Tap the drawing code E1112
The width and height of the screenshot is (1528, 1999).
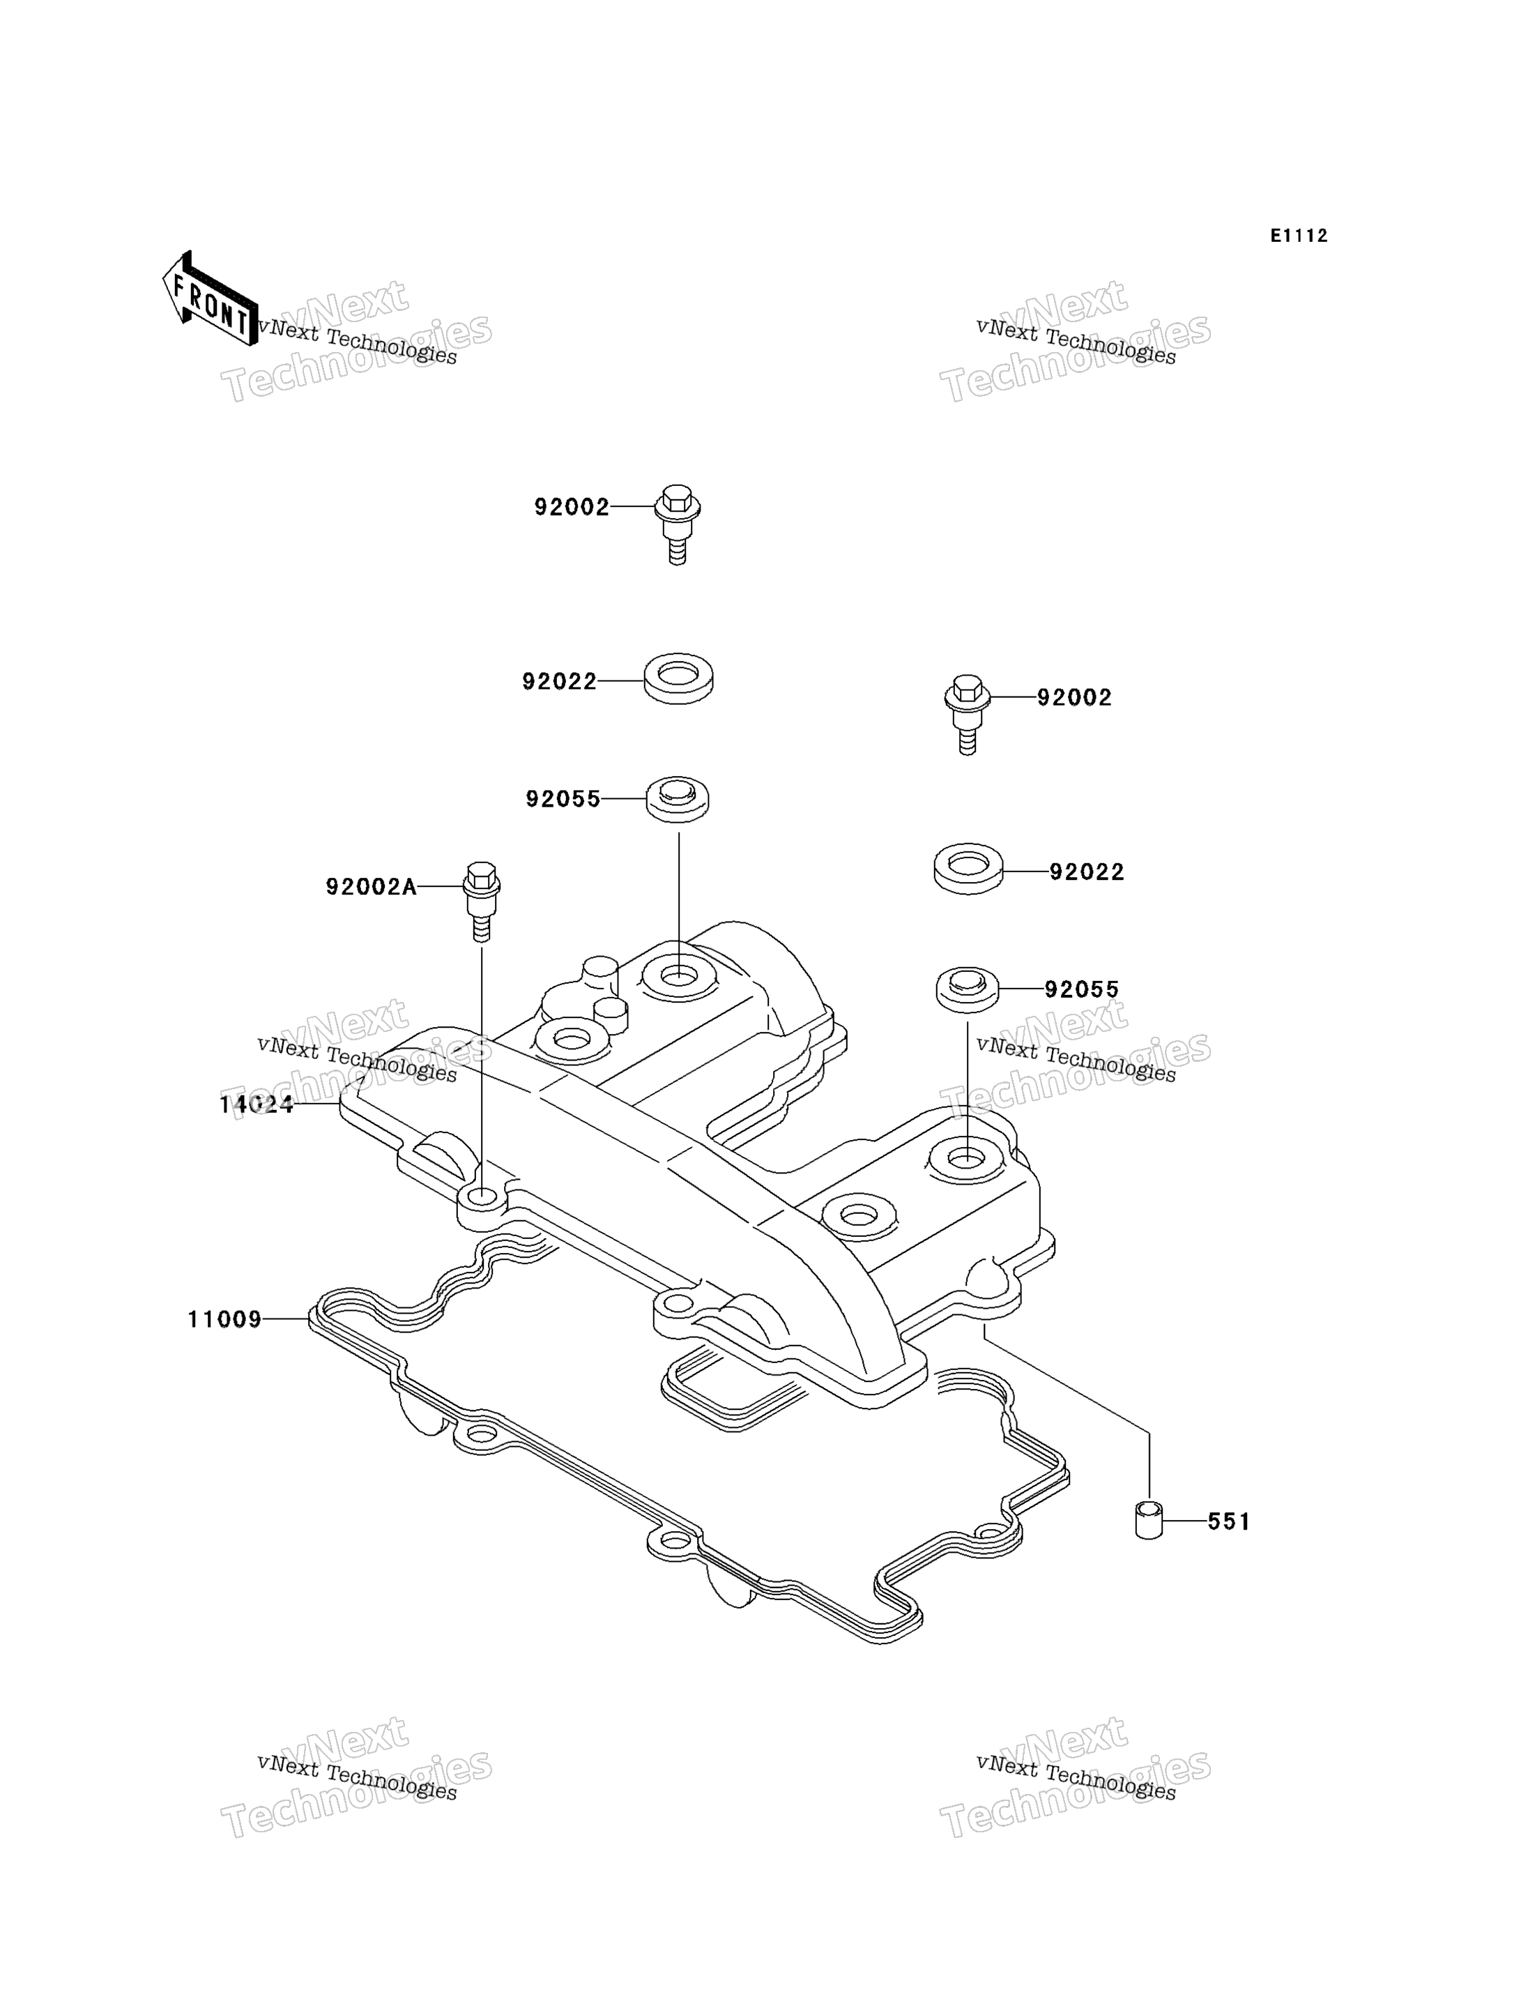coord(1299,236)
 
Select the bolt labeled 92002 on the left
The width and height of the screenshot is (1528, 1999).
coord(678,524)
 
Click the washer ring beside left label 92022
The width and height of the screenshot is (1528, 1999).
coord(678,678)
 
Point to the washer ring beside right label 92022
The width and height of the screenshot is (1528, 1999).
coord(969,869)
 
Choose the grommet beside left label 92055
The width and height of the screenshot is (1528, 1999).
coord(678,799)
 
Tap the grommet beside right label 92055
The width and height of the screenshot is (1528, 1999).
coord(968,989)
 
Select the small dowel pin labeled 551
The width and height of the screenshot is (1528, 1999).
coord(1149,1521)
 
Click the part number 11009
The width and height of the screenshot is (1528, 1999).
coord(224,1319)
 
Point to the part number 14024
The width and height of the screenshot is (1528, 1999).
coord(257,1104)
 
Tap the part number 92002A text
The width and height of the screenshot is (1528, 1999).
coord(371,886)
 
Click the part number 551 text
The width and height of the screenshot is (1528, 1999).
coord(1229,1521)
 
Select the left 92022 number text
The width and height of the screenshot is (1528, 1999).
coord(559,681)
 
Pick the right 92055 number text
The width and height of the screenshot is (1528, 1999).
coord(1081,989)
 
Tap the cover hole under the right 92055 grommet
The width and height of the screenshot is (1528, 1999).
coord(967,1158)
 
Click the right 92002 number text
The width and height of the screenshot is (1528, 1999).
coord(1074,697)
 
